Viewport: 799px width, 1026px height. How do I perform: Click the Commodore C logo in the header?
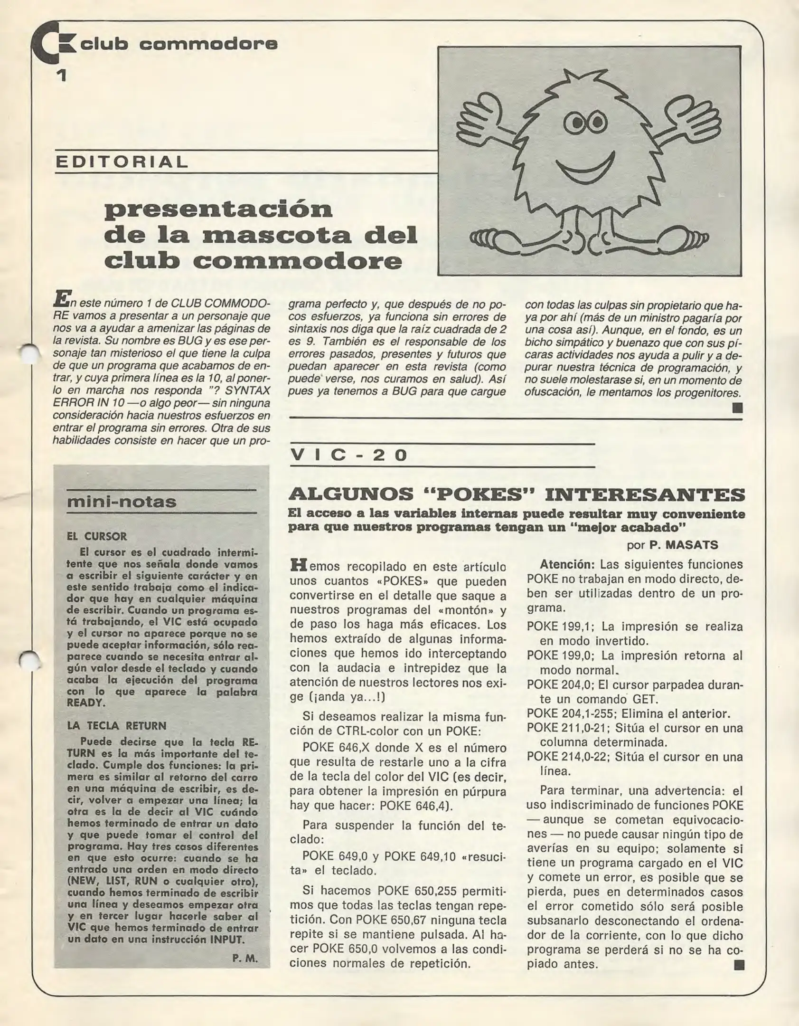52,44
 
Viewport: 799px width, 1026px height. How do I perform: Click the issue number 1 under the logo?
61,75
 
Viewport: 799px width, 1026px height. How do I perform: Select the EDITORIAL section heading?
122,162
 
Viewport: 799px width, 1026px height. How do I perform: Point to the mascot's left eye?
576,123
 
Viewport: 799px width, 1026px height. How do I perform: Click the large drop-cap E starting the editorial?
61,298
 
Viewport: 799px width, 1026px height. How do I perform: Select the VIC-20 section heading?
349,455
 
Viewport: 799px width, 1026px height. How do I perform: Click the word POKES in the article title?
480,494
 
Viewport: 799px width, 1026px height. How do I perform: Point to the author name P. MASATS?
684,545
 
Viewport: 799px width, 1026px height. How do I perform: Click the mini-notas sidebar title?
122,502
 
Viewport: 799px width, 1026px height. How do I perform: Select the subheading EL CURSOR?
97,536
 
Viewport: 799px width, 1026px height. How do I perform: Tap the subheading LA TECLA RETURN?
117,726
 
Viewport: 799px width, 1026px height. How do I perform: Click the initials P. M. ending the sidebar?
245,958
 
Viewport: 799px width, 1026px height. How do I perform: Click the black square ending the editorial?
737,408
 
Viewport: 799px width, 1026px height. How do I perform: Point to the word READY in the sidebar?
85,703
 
